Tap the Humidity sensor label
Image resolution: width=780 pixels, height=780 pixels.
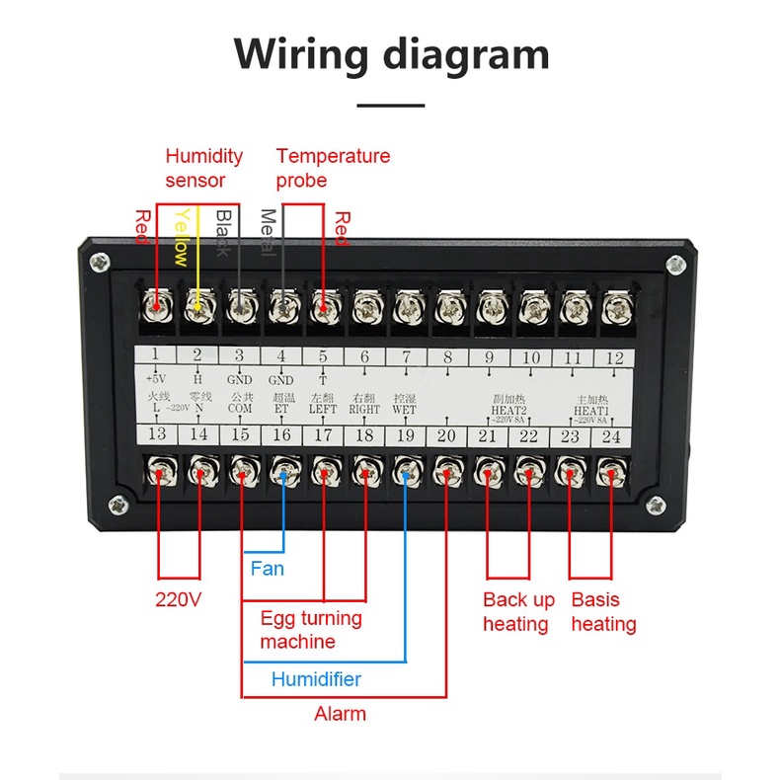(x=203, y=168)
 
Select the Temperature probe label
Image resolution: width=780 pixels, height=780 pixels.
(x=333, y=168)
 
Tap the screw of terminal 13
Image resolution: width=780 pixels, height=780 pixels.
(x=158, y=472)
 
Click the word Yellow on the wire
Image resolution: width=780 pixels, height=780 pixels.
(x=181, y=236)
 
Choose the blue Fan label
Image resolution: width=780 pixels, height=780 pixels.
(x=267, y=568)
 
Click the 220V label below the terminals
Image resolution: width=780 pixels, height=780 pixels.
(x=179, y=599)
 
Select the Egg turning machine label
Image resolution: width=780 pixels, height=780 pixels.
(x=311, y=630)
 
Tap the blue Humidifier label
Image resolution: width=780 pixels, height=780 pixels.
(x=316, y=679)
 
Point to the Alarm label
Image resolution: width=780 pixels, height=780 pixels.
(x=340, y=713)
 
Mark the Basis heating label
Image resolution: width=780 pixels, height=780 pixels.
(x=603, y=612)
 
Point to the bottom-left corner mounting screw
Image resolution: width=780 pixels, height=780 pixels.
(x=117, y=505)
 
